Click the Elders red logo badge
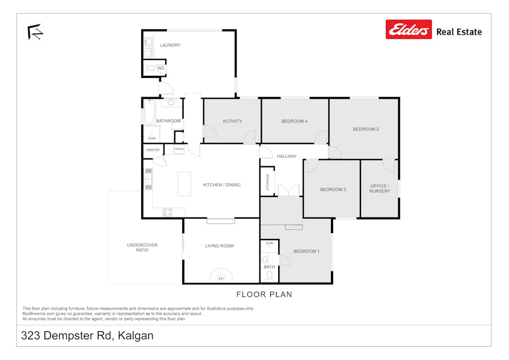click(408, 30)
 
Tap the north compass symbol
click(35, 32)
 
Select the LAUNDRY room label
click(170, 45)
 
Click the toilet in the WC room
click(150, 68)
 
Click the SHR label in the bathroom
click(152, 138)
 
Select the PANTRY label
click(153, 150)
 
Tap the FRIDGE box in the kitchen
click(179, 149)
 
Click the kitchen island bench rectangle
click(184, 183)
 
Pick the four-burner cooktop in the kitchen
click(167, 212)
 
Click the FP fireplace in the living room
click(221, 278)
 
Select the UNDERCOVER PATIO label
click(142, 247)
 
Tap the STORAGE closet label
click(268, 182)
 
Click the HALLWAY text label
click(286, 156)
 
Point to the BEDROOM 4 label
click(294, 122)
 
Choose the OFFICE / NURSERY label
click(379, 188)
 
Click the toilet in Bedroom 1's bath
click(269, 276)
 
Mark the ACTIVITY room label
click(232, 122)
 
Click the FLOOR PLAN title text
click(264, 294)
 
